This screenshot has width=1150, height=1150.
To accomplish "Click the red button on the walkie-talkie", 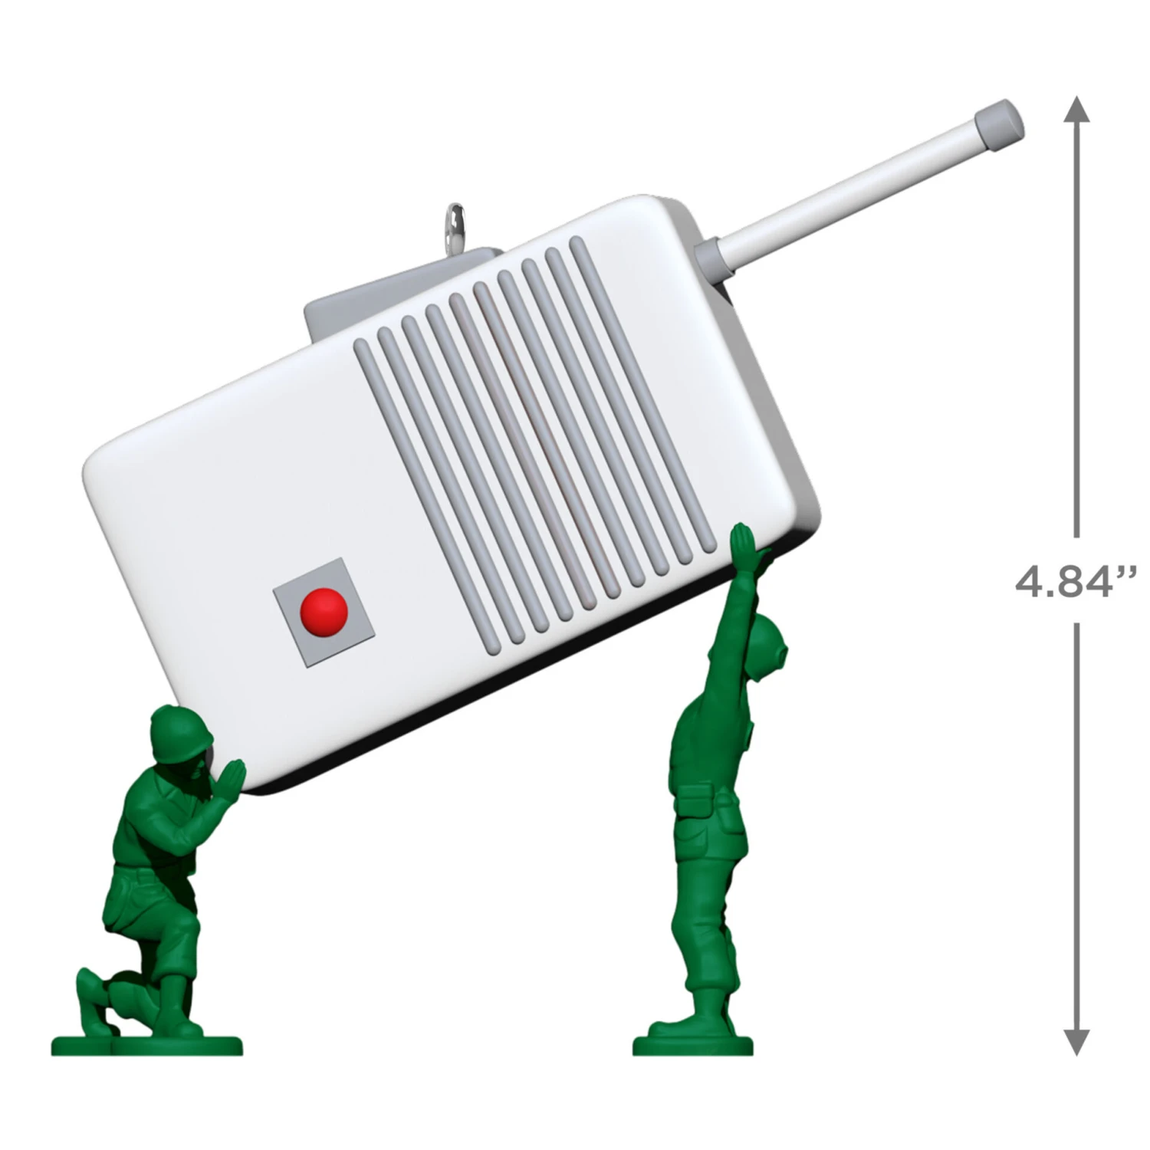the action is point(324,612).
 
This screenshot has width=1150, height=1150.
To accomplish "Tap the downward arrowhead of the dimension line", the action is point(1076,1041).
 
